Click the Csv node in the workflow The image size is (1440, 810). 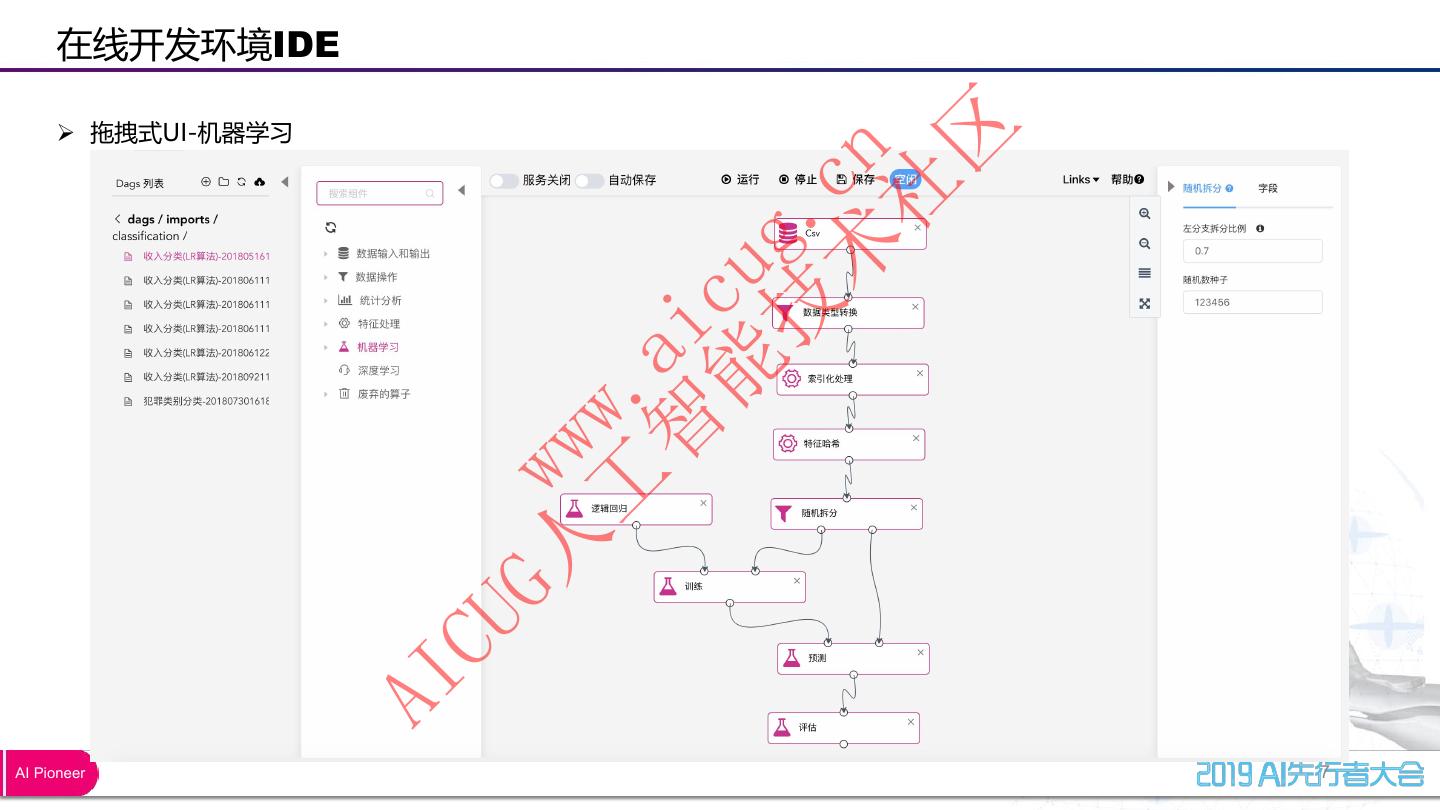(850, 234)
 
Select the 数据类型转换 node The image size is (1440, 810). (848, 313)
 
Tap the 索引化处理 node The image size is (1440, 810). (852, 379)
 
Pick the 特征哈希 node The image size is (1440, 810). (848, 444)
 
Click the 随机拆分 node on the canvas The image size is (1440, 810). (846, 514)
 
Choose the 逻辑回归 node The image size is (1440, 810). (635, 509)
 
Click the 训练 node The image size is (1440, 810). (729, 587)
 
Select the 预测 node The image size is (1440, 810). (853, 659)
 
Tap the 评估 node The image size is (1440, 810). (843, 728)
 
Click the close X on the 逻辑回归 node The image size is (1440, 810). (704, 503)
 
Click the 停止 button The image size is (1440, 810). (798, 180)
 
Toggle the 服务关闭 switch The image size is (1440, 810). (504, 181)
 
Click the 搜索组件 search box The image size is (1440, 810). (379, 193)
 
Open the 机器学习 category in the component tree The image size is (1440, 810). (378, 347)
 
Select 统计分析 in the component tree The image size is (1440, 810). (380, 300)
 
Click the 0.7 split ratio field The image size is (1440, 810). (1252, 251)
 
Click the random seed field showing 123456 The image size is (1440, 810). (1252, 302)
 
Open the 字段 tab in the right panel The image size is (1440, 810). (1268, 188)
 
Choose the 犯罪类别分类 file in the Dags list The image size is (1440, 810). (206, 401)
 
